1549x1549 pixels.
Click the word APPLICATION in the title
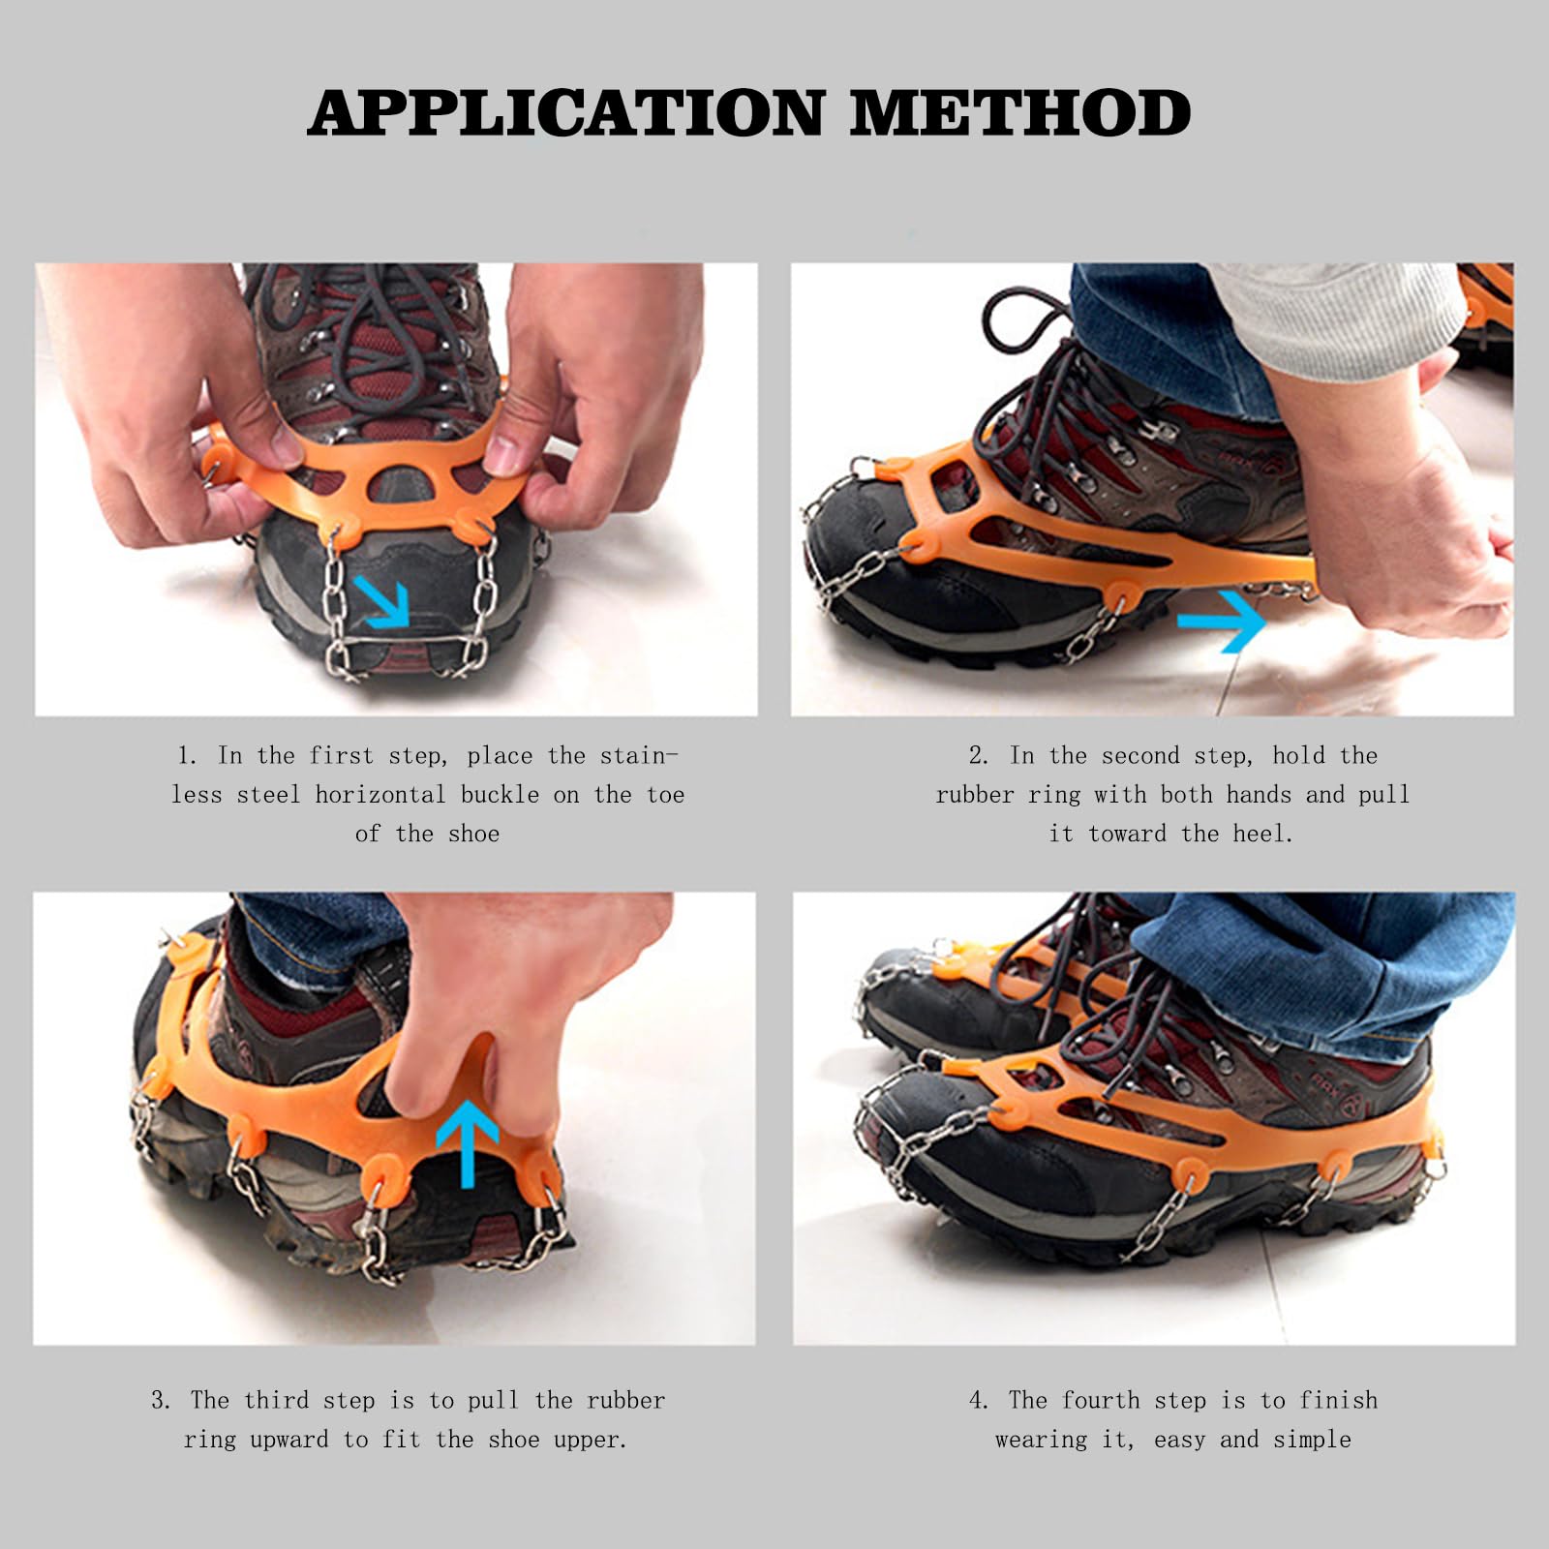click(566, 114)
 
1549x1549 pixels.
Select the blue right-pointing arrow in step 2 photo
click(1223, 621)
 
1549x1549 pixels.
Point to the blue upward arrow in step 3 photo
click(468, 1142)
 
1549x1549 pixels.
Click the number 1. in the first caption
click(187, 756)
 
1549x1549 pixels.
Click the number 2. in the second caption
click(979, 756)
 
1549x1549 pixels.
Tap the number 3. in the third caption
click(161, 1401)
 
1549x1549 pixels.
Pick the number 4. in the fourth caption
click(979, 1401)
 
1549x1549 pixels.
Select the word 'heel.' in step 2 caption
click(1262, 834)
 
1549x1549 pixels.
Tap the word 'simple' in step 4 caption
click(1312, 1440)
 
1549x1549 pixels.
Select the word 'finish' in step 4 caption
click(1339, 1401)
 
